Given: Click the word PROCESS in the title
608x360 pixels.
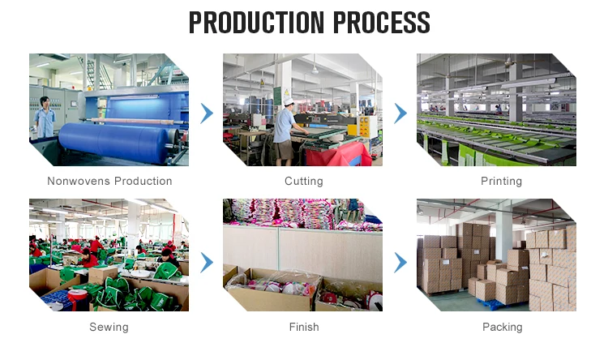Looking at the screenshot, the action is click(x=375, y=23).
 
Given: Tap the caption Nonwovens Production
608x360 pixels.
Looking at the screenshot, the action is click(x=109, y=181).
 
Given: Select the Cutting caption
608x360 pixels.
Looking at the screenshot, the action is click(x=303, y=181).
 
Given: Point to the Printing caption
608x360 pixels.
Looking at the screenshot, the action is click(x=501, y=181).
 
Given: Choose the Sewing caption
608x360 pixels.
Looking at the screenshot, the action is click(x=109, y=327).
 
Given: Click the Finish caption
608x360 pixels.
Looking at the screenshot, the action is click(x=303, y=327).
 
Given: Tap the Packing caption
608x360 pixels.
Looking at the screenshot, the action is click(x=502, y=327).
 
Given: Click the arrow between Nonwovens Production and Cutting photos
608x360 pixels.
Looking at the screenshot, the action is click(x=207, y=114).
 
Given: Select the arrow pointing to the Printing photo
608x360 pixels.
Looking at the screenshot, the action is click(x=400, y=114).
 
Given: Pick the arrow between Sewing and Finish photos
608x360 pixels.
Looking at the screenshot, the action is click(x=207, y=262).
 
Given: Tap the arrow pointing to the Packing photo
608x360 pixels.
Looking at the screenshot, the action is click(x=400, y=262).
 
